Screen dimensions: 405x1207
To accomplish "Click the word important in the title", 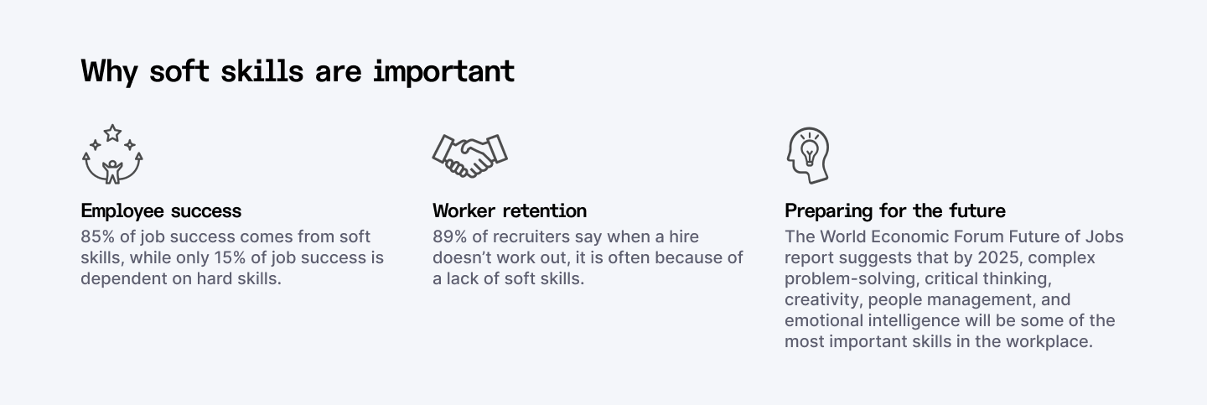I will pos(443,71).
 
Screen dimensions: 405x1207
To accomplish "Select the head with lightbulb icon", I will pos(807,155).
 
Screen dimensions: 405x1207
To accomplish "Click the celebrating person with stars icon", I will pos(112,155).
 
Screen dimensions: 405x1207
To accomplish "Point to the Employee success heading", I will pos(161,210).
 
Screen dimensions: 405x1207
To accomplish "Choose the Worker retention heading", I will pos(510,210).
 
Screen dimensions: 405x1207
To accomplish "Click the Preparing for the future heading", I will pos(894,210).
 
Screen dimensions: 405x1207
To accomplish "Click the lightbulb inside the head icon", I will pos(809,151).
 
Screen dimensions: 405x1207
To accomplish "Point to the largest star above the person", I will pos(112,132).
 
